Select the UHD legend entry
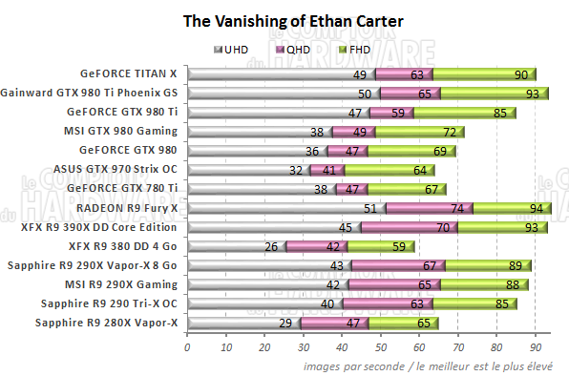point(235,49)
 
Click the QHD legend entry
point(295,49)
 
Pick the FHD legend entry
point(355,49)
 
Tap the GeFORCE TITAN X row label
point(130,73)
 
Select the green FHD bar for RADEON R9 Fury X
point(511,208)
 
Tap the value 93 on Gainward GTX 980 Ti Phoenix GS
point(530,94)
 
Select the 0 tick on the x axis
point(187,348)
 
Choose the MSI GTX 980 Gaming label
point(126,131)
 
